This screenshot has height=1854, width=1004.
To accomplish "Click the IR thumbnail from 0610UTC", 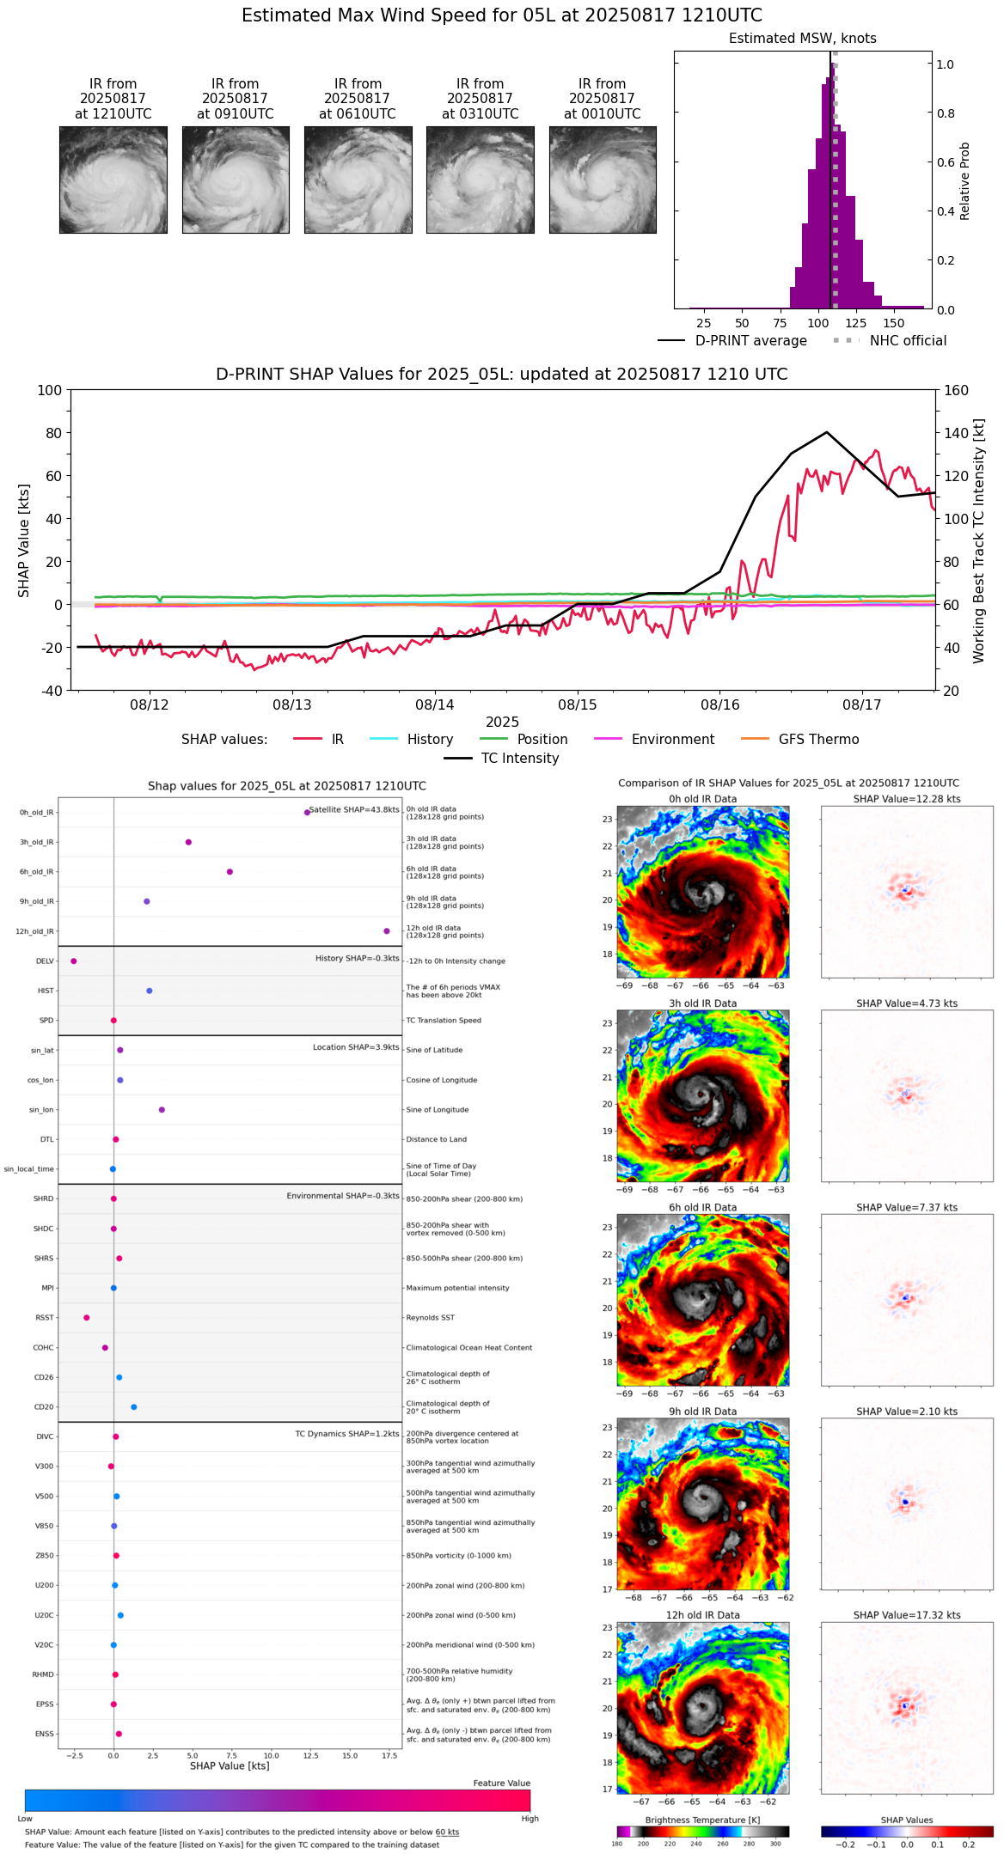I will pyautogui.click(x=358, y=180).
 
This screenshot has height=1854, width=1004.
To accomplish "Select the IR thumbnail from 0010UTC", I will pyautogui.click(x=603, y=180).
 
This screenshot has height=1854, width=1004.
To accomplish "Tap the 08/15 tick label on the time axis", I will pyautogui.click(x=577, y=704).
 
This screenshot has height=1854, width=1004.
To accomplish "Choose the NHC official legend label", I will pyautogui.click(x=908, y=340).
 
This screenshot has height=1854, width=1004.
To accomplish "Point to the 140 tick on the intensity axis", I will pyautogui.click(x=957, y=433).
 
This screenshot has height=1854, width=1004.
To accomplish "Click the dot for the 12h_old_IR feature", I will pyautogui.click(x=387, y=931).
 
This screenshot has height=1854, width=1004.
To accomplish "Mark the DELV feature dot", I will pyautogui.click(x=74, y=961).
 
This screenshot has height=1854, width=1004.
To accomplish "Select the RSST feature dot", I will pyautogui.click(x=86, y=1317).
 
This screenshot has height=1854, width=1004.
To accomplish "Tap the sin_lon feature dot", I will pyautogui.click(x=162, y=1110).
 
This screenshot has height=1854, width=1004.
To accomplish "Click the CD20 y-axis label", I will pyautogui.click(x=44, y=1406).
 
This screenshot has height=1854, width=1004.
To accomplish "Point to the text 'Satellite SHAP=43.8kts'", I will pyautogui.click(x=354, y=809).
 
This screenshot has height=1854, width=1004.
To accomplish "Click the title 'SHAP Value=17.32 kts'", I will pyautogui.click(x=907, y=1615).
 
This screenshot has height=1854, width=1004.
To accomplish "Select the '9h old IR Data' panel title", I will pyautogui.click(x=702, y=1412).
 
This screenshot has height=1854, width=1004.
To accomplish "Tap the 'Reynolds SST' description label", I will pyautogui.click(x=430, y=1317).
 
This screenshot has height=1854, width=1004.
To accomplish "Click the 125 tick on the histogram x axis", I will pyautogui.click(x=855, y=323).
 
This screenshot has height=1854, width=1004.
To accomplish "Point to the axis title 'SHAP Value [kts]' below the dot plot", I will pyautogui.click(x=230, y=1766).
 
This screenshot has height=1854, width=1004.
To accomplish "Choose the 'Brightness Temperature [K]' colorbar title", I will pyautogui.click(x=702, y=1820).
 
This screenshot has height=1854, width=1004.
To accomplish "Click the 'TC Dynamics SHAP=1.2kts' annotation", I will pyautogui.click(x=347, y=1434).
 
